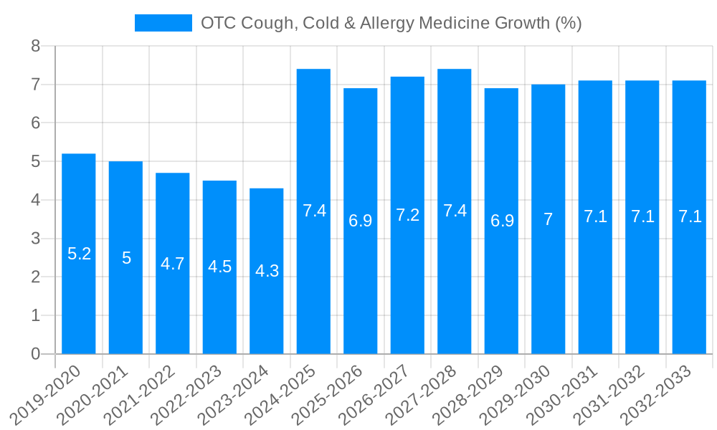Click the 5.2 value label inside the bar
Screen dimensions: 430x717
[x=79, y=254]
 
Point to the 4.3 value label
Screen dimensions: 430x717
[x=267, y=271]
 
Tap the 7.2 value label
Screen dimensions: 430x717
[x=407, y=215]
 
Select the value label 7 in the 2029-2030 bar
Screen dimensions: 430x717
[x=549, y=219]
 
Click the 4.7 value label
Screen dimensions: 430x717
[x=173, y=264]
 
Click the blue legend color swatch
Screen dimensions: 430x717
[x=163, y=23]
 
